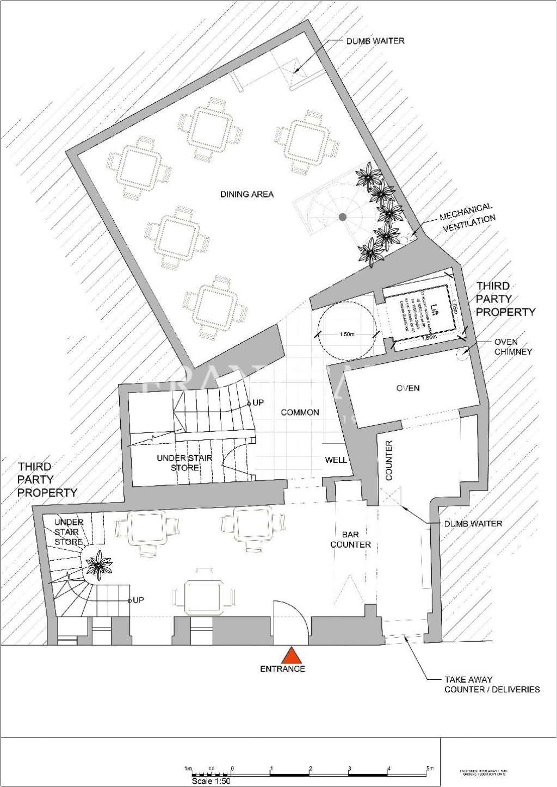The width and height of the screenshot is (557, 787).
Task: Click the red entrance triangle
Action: (292, 654)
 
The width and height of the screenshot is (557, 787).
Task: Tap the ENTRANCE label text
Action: (282, 668)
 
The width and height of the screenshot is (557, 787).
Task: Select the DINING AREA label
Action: (246, 194)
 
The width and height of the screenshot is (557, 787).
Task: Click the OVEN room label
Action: (408, 388)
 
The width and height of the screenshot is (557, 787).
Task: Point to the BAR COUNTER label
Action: (350, 540)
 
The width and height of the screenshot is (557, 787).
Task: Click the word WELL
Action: (336, 460)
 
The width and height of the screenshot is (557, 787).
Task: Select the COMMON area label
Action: (300, 412)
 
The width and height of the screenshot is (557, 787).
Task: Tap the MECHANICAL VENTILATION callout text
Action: (467, 216)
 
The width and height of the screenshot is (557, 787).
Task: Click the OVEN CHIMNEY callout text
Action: (513, 346)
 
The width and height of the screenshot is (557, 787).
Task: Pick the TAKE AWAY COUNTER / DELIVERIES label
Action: (492, 684)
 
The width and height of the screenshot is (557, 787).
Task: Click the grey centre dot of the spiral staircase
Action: (342, 217)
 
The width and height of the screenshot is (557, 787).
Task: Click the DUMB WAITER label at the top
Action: (375, 41)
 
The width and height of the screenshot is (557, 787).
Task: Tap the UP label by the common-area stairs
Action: (258, 403)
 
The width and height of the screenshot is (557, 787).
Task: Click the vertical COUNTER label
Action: (389, 460)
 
